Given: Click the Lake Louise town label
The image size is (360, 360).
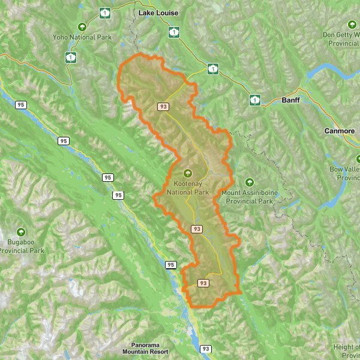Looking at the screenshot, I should (x=159, y=12).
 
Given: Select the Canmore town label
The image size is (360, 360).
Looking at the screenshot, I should (x=339, y=131).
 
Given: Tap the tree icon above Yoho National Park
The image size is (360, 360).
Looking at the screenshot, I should (x=82, y=26).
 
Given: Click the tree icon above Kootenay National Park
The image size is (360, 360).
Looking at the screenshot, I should (x=190, y=173).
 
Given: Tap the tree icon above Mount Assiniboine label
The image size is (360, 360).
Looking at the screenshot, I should (x=249, y=182).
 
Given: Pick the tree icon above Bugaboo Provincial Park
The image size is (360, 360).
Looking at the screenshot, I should (x=22, y=232).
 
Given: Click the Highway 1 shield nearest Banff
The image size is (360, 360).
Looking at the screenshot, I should (x=255, y=100).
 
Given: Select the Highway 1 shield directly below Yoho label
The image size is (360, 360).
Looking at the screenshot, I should (x=71, y=57).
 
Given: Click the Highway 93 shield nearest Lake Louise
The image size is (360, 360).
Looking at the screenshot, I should (x=163, y=107).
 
